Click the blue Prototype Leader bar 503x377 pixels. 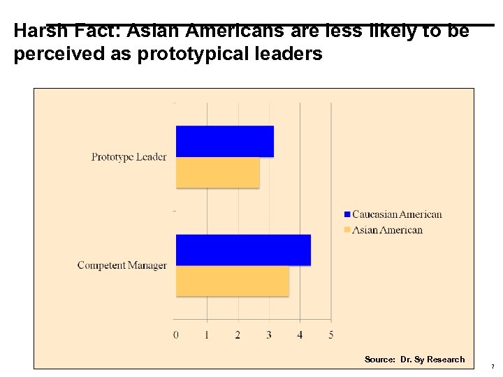click(224, 141)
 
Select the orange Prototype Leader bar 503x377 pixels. click(217, 172)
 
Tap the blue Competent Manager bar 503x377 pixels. click(243, 250)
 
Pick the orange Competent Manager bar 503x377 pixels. click(232, 281)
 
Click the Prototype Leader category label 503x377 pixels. click(129, 157)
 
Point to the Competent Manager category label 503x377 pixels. click(122, 265)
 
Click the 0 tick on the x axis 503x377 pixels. click(176, 335)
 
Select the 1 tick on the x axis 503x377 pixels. click(207, 335)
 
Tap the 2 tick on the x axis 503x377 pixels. click(238, 335)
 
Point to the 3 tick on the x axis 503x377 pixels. click(269, 335)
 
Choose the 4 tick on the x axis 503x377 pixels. click(300, 335)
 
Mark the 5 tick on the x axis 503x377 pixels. click(330, 335)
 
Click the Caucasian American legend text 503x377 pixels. click(397, 214)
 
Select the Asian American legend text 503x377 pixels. click(387, 230)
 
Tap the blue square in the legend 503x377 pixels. click(347, 214)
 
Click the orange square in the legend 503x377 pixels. click(347, 230)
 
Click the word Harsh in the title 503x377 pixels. click(38, 31)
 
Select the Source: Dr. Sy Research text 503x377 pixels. click(414, 360)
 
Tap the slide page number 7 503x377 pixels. click(493, 367)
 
